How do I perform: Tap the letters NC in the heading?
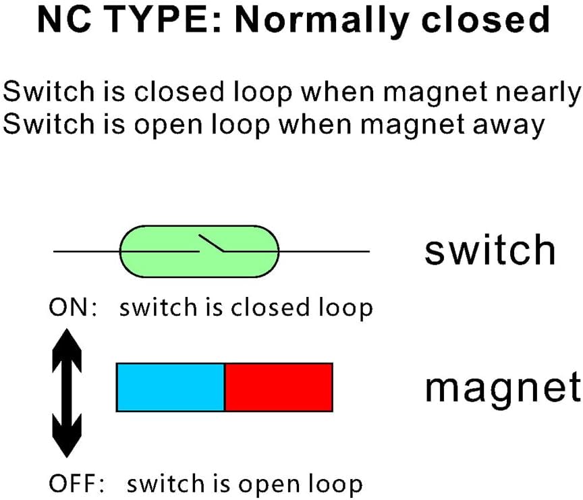(65, 20)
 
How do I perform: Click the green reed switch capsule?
(199, 251)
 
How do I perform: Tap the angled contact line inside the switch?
(211, 243)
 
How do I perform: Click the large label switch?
(490, 250)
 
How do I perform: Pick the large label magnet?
(503, 388)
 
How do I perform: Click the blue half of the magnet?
(171, 387)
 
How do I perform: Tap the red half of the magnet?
(279, 387)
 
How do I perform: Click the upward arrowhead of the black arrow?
(67, 350)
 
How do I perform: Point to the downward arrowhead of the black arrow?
(67, 436)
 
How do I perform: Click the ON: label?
(73, 308)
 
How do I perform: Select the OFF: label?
(77, 483)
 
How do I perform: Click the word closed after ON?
(271, 308)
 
